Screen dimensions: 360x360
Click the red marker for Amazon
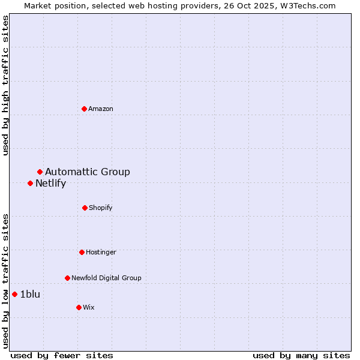(85, 109)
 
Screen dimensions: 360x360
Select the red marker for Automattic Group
(40, 172)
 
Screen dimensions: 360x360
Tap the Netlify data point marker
(30, 183)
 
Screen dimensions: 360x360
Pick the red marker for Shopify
(85, 208)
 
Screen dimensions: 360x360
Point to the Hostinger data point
(82, 252)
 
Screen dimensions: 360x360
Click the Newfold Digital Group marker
(67, 278)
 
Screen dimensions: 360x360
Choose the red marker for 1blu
(14, 294)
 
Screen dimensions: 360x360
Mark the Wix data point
(79, 307)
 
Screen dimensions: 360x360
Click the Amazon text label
(101, 109)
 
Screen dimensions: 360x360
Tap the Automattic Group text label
(88, 172)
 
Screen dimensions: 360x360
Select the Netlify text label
(50, 184)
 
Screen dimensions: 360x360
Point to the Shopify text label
(101, 208)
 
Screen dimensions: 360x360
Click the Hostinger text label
(101, 252)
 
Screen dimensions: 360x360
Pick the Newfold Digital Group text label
(106, 278)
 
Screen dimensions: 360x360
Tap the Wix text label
(89, 307)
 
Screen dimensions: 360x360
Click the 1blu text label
(30, 294)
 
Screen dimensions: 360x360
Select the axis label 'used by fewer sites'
(62, 355)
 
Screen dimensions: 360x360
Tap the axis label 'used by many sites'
(301, 355)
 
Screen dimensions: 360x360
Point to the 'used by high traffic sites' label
(6, 85)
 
